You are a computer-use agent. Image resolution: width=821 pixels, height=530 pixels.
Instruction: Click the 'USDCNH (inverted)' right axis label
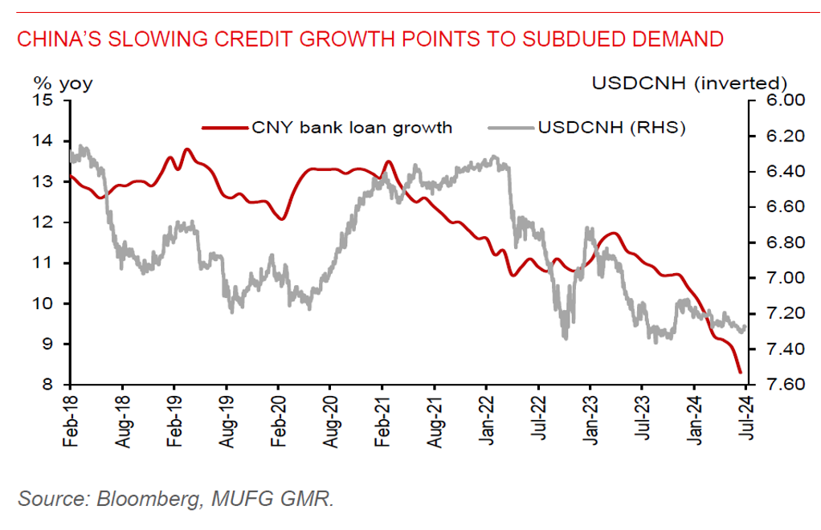pyautogui.click(x=688, y=83)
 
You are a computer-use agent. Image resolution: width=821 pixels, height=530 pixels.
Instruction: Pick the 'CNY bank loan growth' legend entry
pyautogui.click(x=352, y=127)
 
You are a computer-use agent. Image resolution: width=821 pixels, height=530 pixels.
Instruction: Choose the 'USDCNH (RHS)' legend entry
pyautogui.click(x=611, y=127)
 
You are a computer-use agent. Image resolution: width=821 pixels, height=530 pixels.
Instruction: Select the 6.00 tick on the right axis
pyautogui.click(x=769, y=100)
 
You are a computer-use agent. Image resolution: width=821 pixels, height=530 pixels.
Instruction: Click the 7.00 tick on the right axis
pyautogui.click(x=769, y=278)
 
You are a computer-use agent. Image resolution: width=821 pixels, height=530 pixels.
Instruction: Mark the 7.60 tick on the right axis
pyautogui.click(x=769, y=385)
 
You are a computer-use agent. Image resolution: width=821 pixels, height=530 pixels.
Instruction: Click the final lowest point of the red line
pyautogui.click(x=739, y=372)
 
